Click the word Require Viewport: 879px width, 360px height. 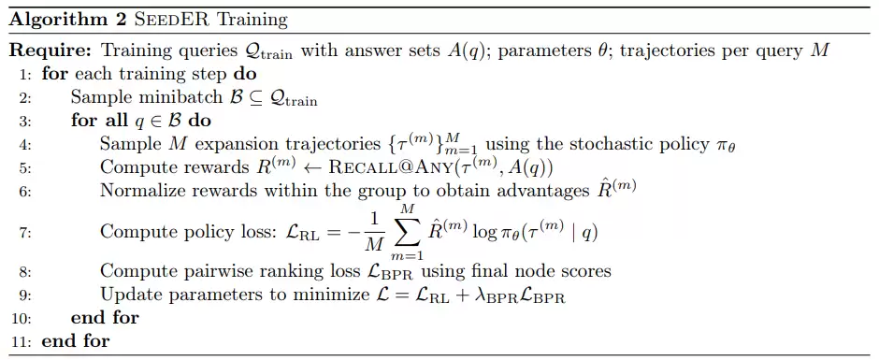point(51,50)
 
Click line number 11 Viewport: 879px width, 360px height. point(23,340)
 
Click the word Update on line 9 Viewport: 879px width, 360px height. point(124,295)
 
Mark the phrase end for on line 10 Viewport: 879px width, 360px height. point(105,318)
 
